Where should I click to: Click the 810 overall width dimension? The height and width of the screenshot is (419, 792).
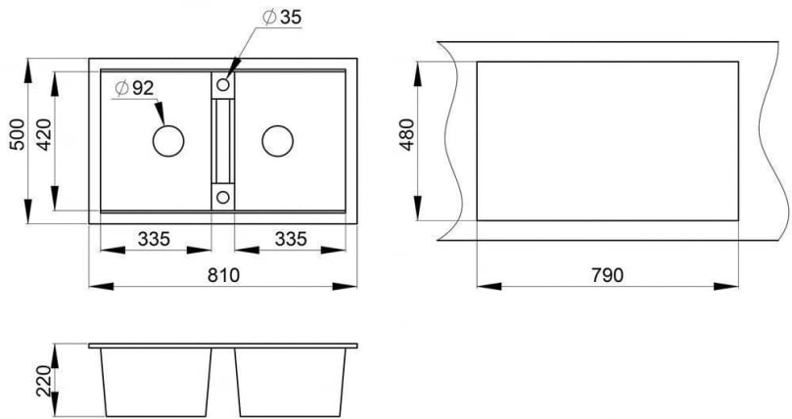pos(224,275)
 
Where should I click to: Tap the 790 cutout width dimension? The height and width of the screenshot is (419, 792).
pos(607,275)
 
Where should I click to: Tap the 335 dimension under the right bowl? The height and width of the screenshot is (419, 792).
pos(291,238)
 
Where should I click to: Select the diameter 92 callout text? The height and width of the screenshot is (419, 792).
pos(133,88)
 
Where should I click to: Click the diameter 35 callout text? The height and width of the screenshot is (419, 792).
pos(282,18)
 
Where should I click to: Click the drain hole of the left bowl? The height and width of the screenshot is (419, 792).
pos(167,141)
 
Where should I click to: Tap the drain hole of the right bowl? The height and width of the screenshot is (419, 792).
pos(277,141)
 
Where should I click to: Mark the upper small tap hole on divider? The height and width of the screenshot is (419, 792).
pos(223,86)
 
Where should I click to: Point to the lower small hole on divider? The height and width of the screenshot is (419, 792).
pos(223,198)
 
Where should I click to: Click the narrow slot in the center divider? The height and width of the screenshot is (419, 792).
pos(223,141)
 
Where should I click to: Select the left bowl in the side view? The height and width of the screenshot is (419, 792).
pos(156,382)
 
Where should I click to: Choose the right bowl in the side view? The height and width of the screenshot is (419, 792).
pos(292,382)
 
